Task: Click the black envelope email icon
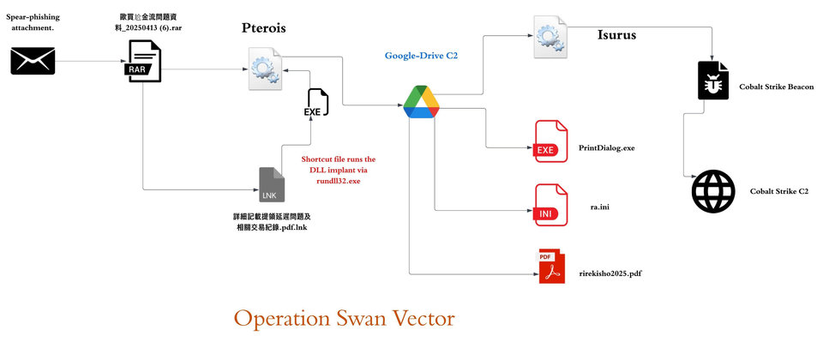pyautogui.click(x=33, y=60)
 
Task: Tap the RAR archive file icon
pyautogui.click(x=143, y=62)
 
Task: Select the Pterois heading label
pyautogui.click(x=263, y=27)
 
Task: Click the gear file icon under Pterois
pyautogui.click(x=265, y=69)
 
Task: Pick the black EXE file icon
pyautogui.click(x=316, y=103)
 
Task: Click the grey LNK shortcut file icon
pyautogui.click(x=272, y=185)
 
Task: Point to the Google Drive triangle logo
pyautogui.click(x=422, y=102)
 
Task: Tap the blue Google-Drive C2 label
pyautogui.click(x=421, y=55)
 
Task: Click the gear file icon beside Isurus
pyautogui.click(x=550, y=37)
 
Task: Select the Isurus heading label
pyautogui.click(x=616, y=35)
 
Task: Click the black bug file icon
pyautogui.click(x=713, y=81)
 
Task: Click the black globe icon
pyautogui.click(x=713, y=191)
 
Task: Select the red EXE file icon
pyautogui.click(x=550, y=141)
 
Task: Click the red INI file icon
pyautogui.click(x=550, y=205)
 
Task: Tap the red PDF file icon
pyautogui.click(x=550, y=267)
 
